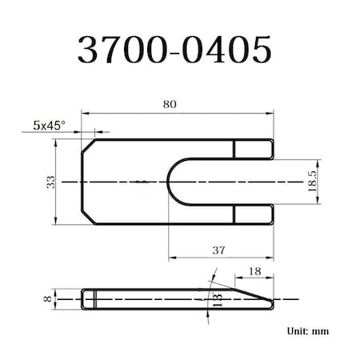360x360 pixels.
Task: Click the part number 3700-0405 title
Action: click(x=174, y=50)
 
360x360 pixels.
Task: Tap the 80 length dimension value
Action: click(x=168, y=104)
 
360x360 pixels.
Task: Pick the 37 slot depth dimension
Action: click(x=218, y=250)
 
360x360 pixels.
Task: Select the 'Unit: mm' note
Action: click(x=306, y=330)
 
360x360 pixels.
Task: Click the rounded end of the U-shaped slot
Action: click(x=174, y=182)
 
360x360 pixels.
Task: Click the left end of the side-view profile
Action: click(x=83, y=298)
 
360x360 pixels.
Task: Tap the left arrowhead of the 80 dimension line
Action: click(x=82, y=113)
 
